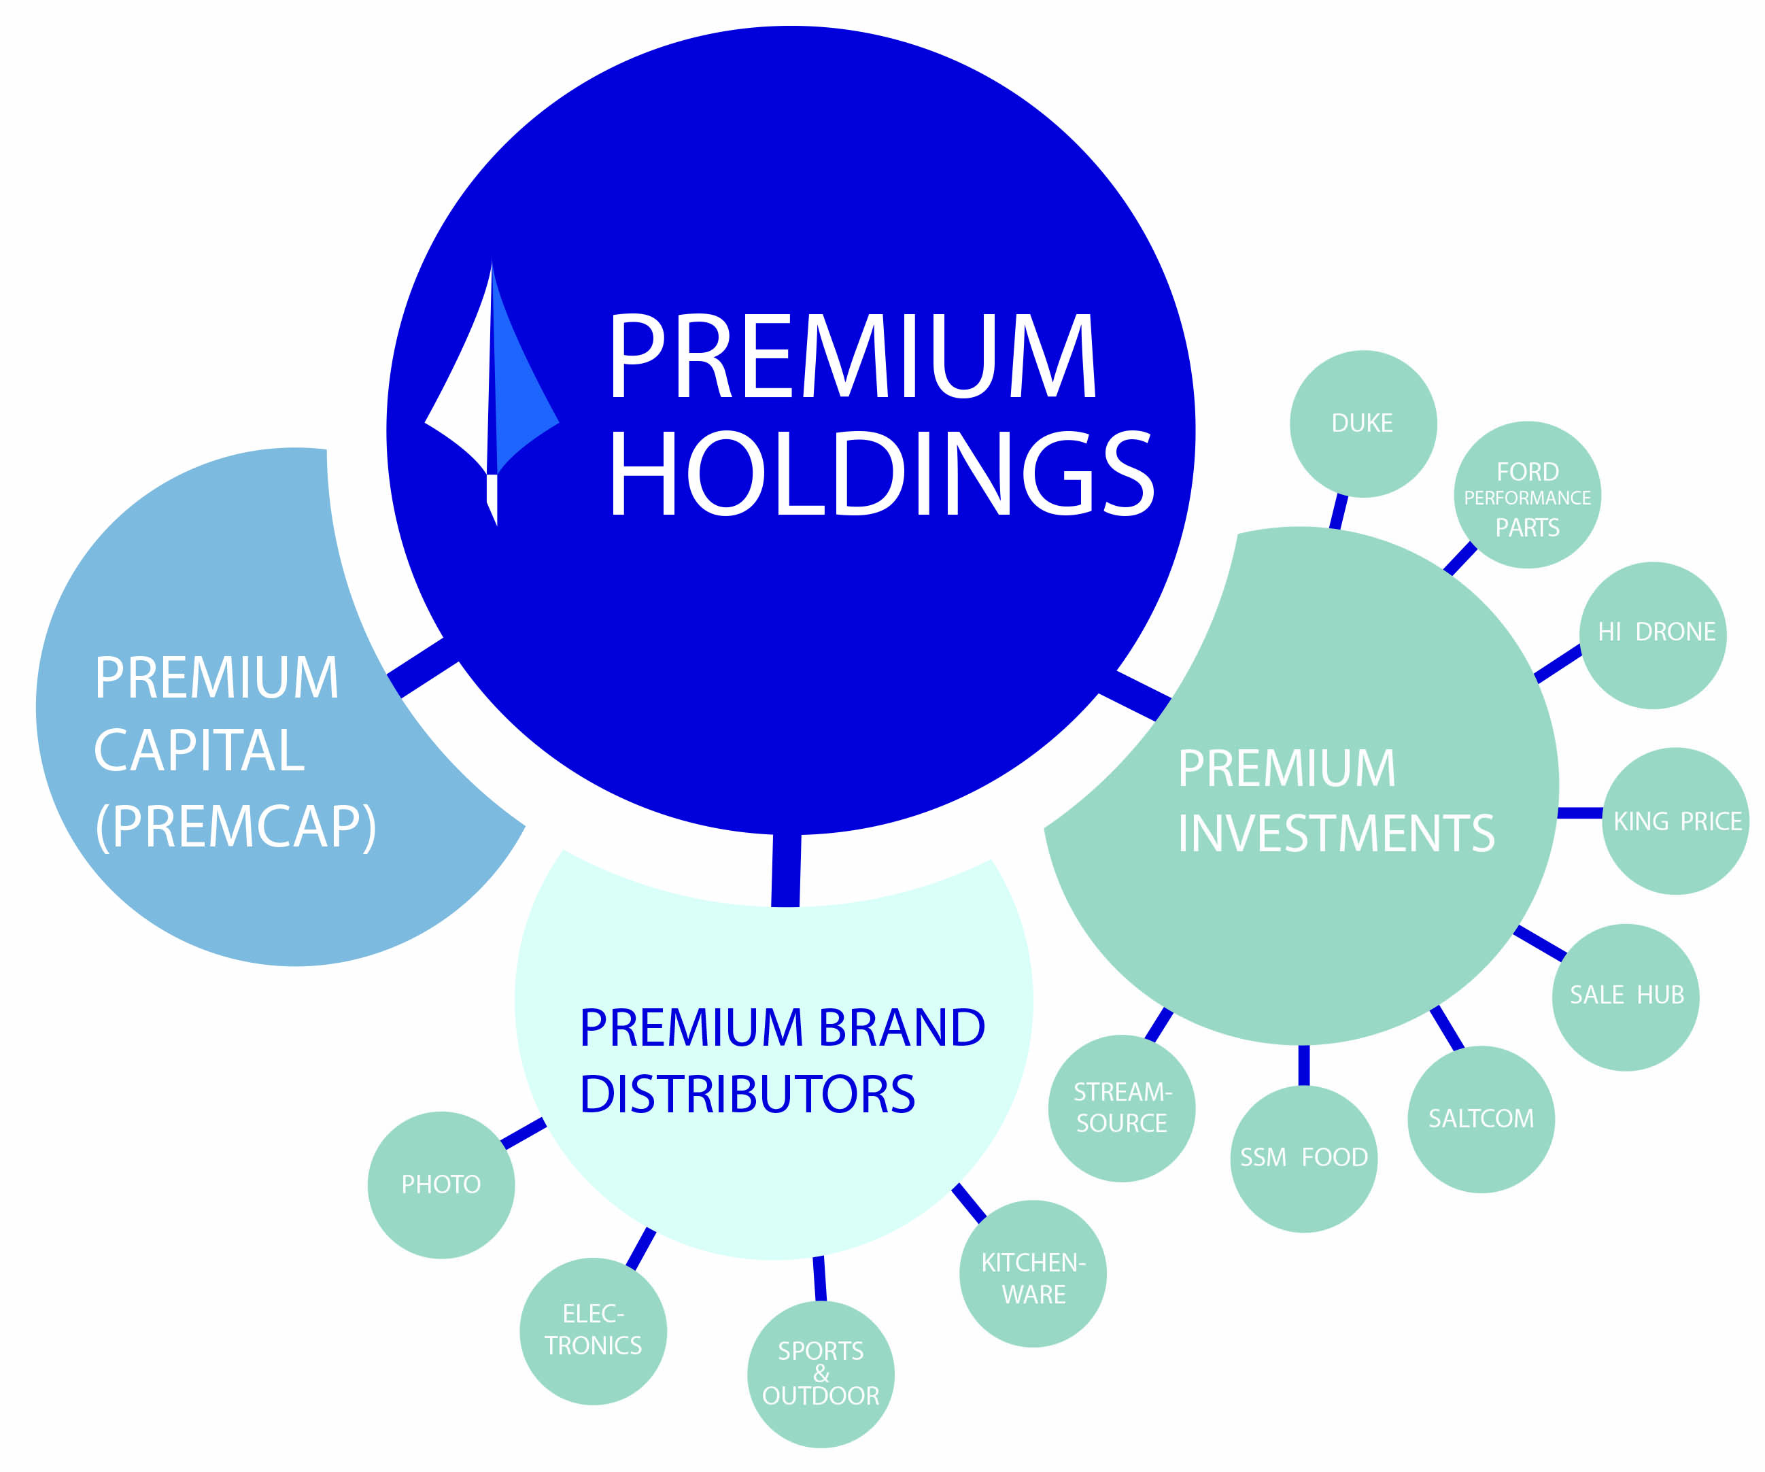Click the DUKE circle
click(x=1363, y=424)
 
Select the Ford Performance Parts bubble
click(x=1527, y=495)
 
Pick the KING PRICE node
click(x=1675, y=821)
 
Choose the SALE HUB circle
click(x=1625, y=996)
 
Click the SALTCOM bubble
click(x=1480, y=1119)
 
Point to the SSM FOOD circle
click(x=1303, y=1159)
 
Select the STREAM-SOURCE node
click(x=1121, y=1108)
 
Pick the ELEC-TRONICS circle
click(x=593, y=1331)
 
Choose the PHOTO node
click(x=441, y=1185)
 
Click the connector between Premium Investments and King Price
click(x=1579, y=813)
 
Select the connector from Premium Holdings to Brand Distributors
click(x=786, y=870)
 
